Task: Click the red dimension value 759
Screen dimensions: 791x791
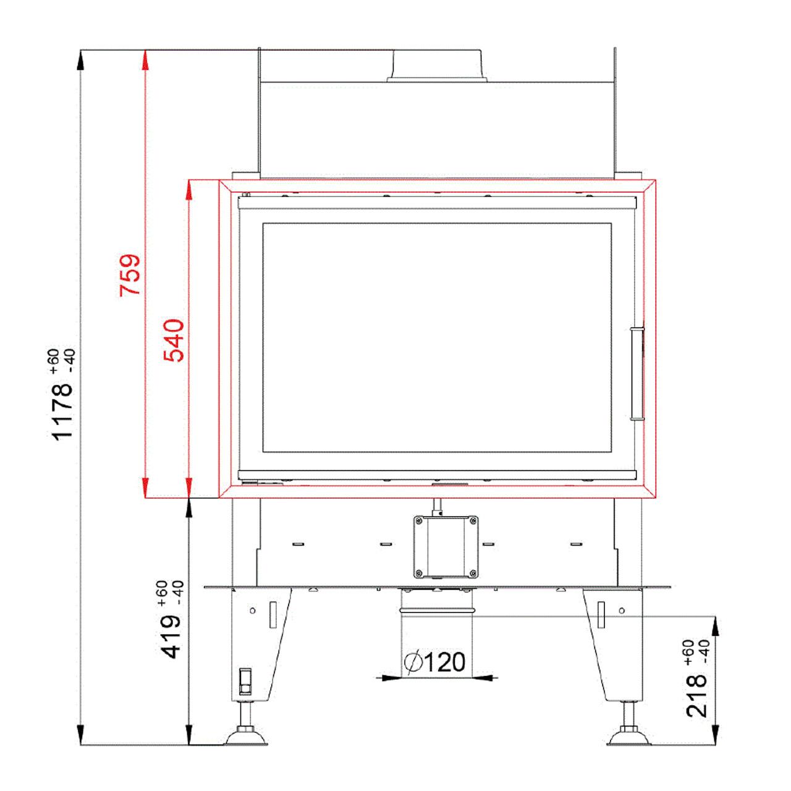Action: pos(130,275)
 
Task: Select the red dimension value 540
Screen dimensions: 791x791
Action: pos(174,341)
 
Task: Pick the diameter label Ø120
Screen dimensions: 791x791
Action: pos(434,662)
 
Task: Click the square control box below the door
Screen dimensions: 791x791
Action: pos(446,547)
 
